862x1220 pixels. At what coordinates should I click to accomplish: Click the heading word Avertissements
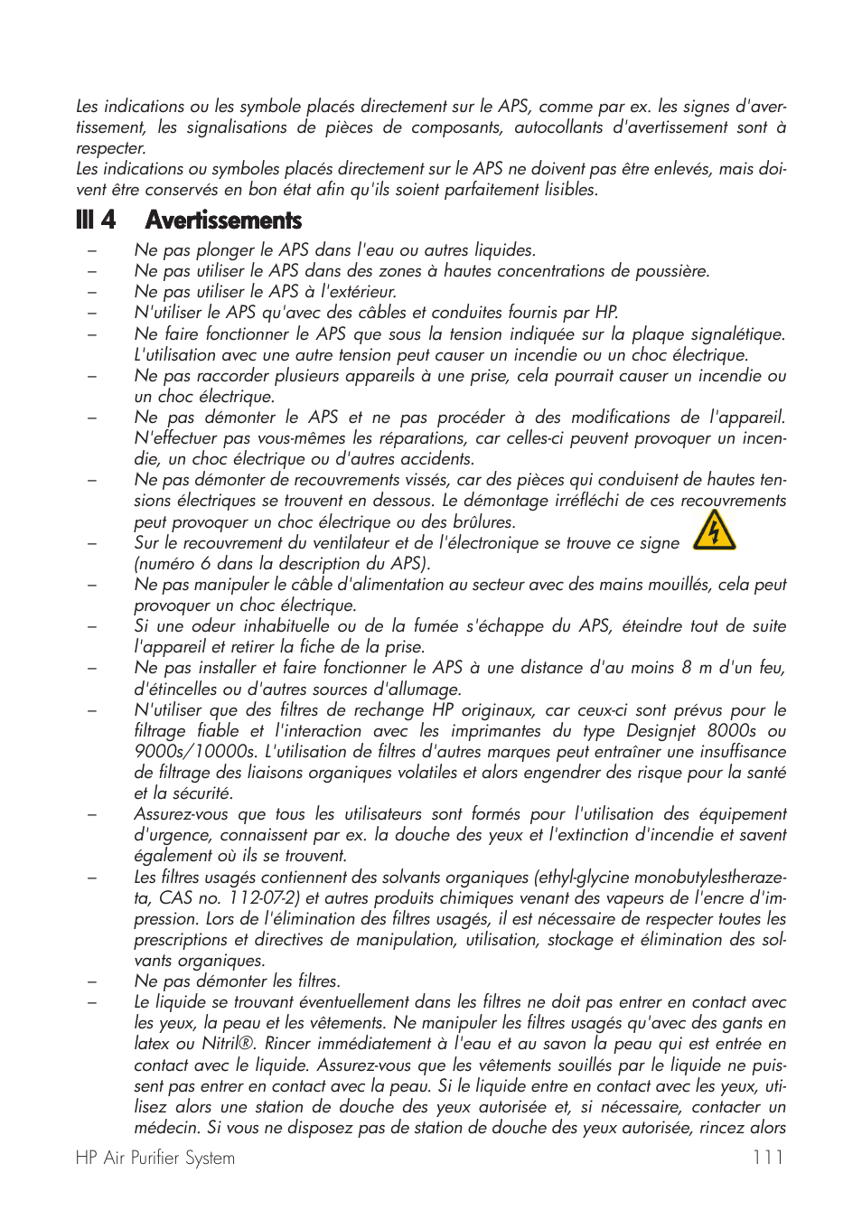[x=223, y=221]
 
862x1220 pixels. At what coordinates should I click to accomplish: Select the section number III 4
[x=96, y=221]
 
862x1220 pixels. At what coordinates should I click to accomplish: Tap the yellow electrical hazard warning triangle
[x=714, y=530]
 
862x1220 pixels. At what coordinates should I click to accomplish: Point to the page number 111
[x=767, y=1158]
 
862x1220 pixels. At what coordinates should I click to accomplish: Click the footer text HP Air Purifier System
[x=155, y=1158]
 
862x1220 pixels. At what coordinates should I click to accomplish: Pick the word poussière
[x=667, y=271]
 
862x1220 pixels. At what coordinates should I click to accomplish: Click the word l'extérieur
[x=358, y=292]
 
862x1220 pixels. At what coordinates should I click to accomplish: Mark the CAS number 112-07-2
[x=264, y=898]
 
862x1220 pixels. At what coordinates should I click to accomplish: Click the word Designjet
[x=648, y=731]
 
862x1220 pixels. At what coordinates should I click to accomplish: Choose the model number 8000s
[x=731, y=731]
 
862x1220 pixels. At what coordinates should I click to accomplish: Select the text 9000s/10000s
[x=195, y=752]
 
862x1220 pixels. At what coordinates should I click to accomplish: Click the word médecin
[x=166, y=1128]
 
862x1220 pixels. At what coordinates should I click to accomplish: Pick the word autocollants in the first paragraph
[x=557, y=127]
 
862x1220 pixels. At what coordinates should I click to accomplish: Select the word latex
[x=152, y=1044]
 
